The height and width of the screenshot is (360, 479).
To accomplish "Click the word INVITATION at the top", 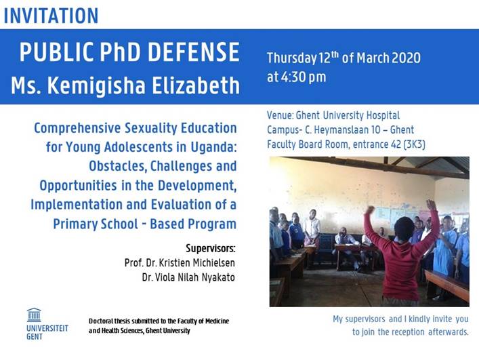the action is [x=51, y=16].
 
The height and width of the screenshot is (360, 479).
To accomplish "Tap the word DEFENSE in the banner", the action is [x=194, y=52].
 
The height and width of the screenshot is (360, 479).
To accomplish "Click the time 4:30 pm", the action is [x=297, y=77].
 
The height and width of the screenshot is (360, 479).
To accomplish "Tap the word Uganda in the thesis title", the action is [x=214, y=147].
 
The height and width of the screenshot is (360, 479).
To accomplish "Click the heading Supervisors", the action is [x=211, y=248].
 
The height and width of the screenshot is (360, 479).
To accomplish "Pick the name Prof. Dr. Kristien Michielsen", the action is [x=180, y=263].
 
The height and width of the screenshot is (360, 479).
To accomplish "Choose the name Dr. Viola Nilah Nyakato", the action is [x=188, y=277].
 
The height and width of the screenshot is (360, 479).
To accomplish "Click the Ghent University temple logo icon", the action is [x=34, y=315].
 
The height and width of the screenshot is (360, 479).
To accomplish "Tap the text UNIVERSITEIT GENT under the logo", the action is [x=47, y=332].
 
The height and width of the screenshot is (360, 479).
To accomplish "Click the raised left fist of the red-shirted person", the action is [x=371, y=210].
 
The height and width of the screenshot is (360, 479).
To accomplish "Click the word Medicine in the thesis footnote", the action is [x=217, y=321].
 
